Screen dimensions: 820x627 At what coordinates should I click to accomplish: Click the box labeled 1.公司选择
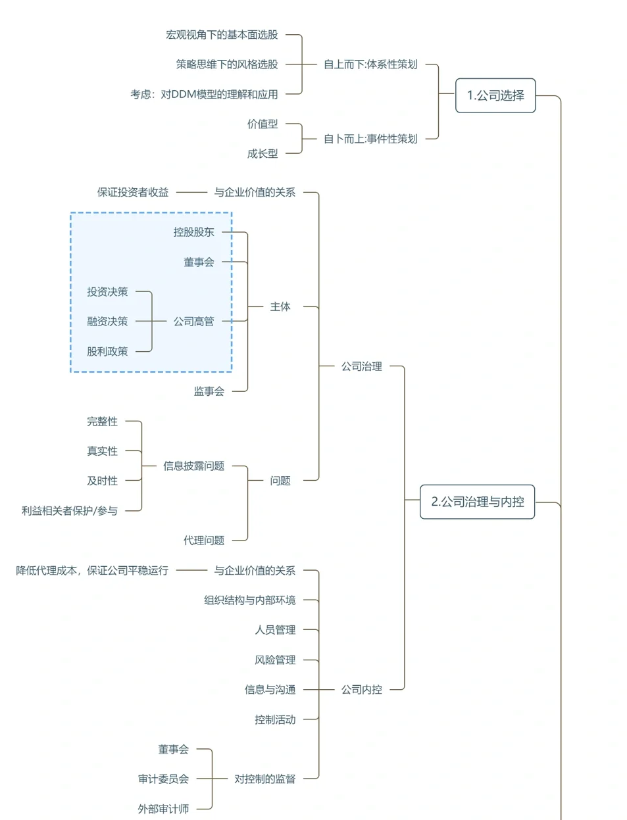pos(495,95)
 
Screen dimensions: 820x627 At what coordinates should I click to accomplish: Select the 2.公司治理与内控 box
pos(477,502)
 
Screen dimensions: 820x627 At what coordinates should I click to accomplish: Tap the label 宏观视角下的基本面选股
pos(222,35)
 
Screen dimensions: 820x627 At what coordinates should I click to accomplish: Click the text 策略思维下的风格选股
pos(227,64)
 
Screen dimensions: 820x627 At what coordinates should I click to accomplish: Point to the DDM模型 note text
pos(204,94)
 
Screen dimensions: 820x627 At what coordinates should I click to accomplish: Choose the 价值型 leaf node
pos(263,124)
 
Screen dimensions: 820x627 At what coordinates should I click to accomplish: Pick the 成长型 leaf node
pos(263,154)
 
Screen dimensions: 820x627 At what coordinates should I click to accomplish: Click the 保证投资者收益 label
pos(133,192)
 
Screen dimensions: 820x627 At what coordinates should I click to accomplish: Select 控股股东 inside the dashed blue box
pos(193,232)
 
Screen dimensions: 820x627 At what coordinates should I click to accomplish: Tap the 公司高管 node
pos(193,322)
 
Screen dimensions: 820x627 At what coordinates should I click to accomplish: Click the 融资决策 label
pos(107,322)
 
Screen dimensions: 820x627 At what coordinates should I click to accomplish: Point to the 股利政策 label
pos(107,352)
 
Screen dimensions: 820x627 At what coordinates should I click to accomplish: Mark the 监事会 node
pos(209,391)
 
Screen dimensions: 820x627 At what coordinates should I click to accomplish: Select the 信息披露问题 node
pos(193,466)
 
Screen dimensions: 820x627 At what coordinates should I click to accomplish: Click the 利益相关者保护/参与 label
pos(70,511)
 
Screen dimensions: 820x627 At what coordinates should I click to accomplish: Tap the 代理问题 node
pos(204,541)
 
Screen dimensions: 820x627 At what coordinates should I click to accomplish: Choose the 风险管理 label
pos(275,660)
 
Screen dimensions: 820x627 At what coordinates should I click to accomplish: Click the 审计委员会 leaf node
pos(163,779)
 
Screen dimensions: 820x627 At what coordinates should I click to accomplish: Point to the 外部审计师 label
pos(163,809)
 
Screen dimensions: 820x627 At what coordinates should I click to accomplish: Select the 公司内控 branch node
pos(361,690)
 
